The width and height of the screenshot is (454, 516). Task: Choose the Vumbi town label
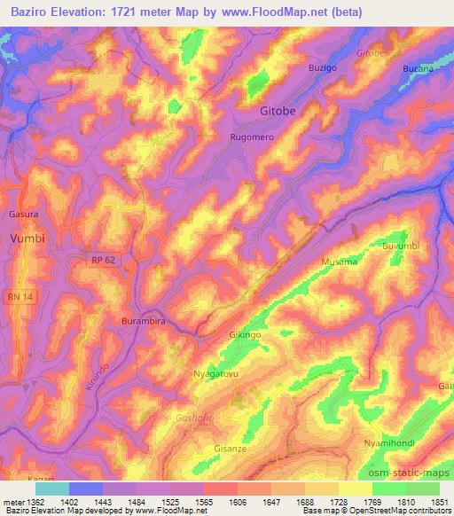(27, 238)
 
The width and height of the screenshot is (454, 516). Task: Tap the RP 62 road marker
(104, 259)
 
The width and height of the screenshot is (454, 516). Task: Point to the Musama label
(340, 262)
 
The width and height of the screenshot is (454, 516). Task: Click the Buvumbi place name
(399, 246)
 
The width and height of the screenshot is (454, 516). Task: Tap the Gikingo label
(246, 335)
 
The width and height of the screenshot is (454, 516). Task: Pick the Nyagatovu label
(218, 375)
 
